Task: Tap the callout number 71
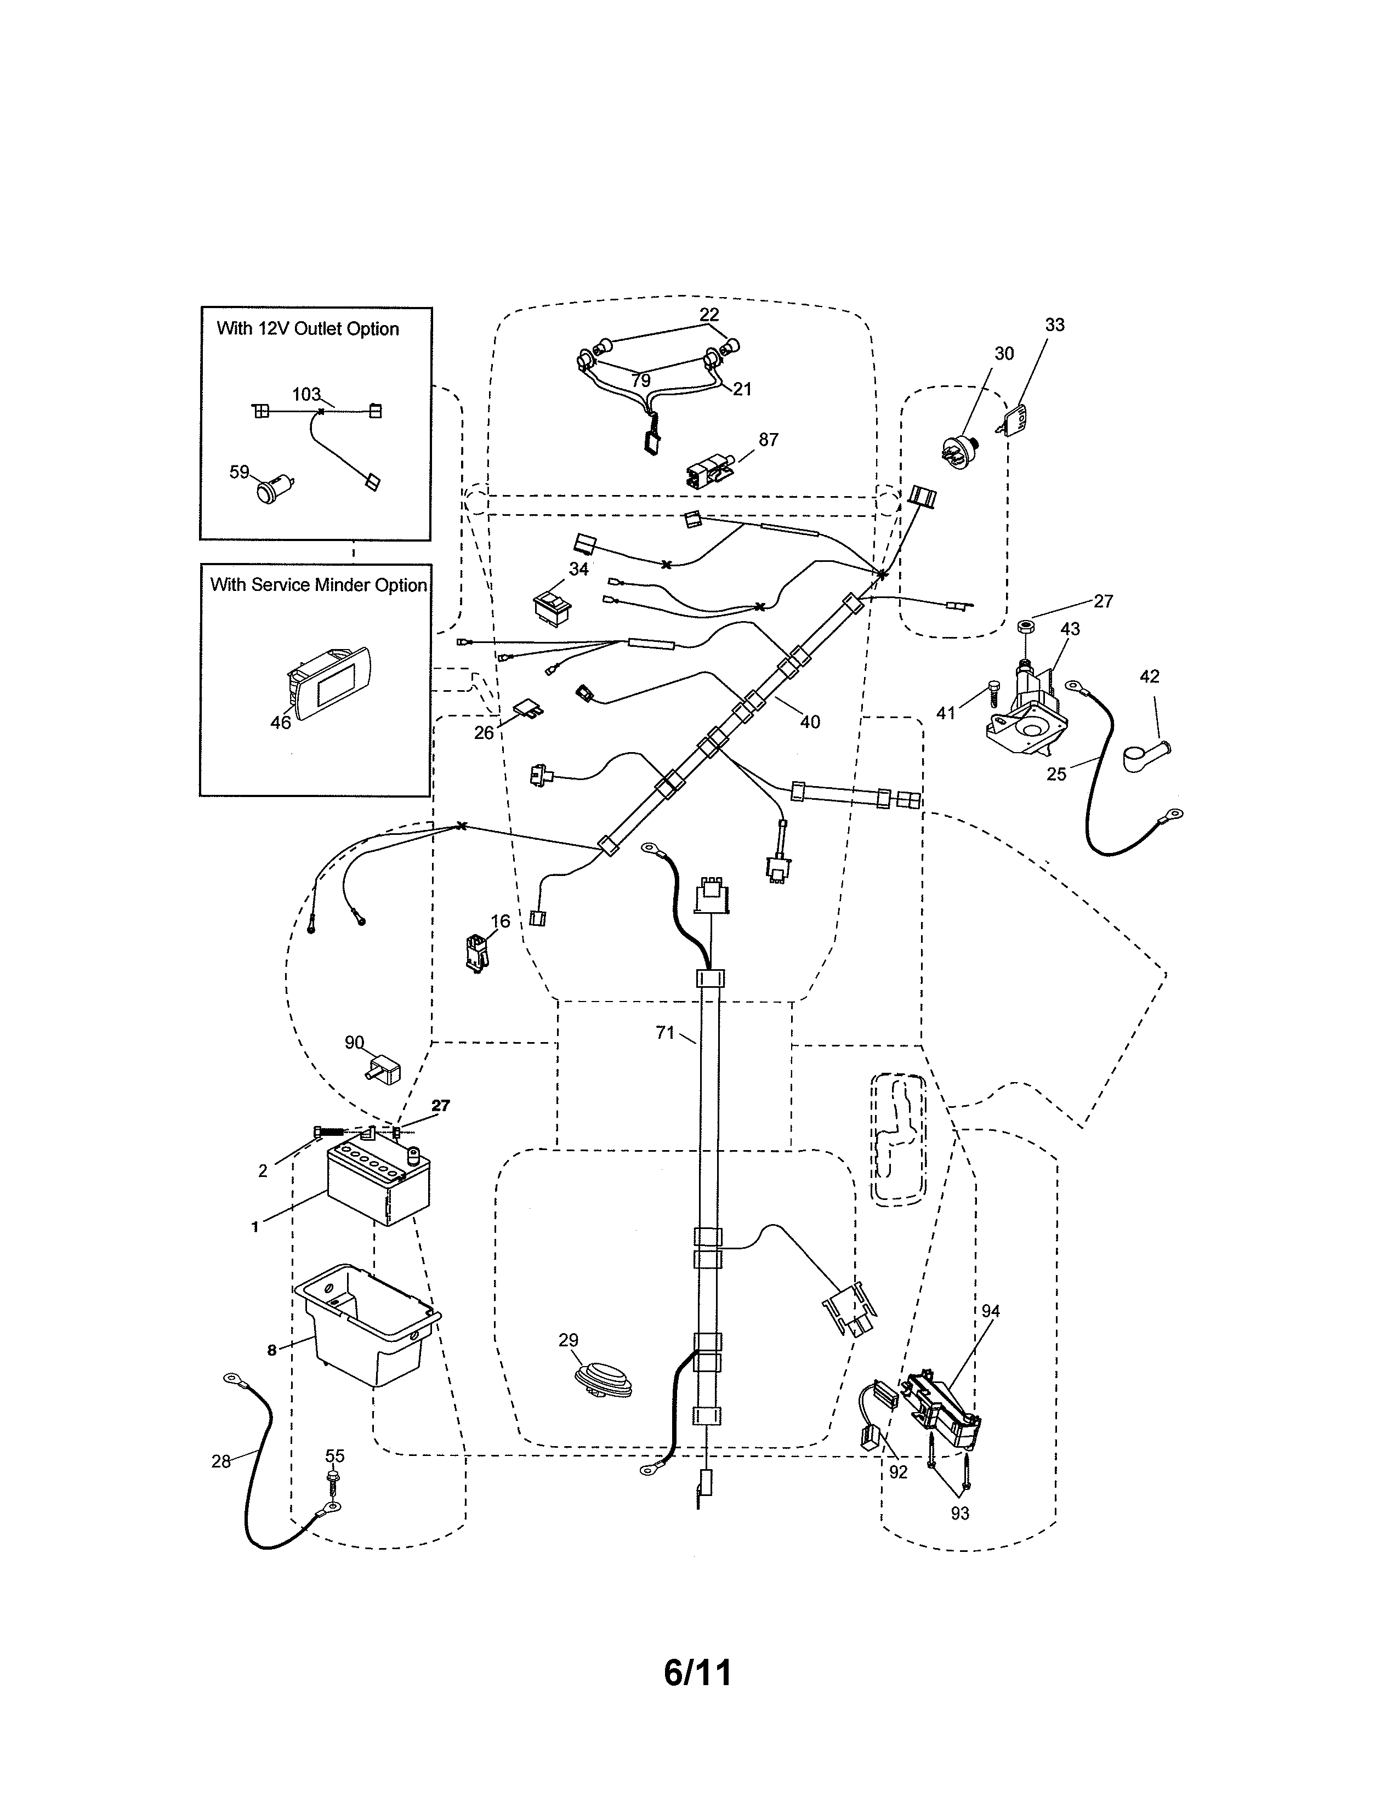(665, 1033)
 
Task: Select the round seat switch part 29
(604, 1379)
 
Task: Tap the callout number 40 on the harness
(809, 721)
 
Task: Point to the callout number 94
(991, 1311)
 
